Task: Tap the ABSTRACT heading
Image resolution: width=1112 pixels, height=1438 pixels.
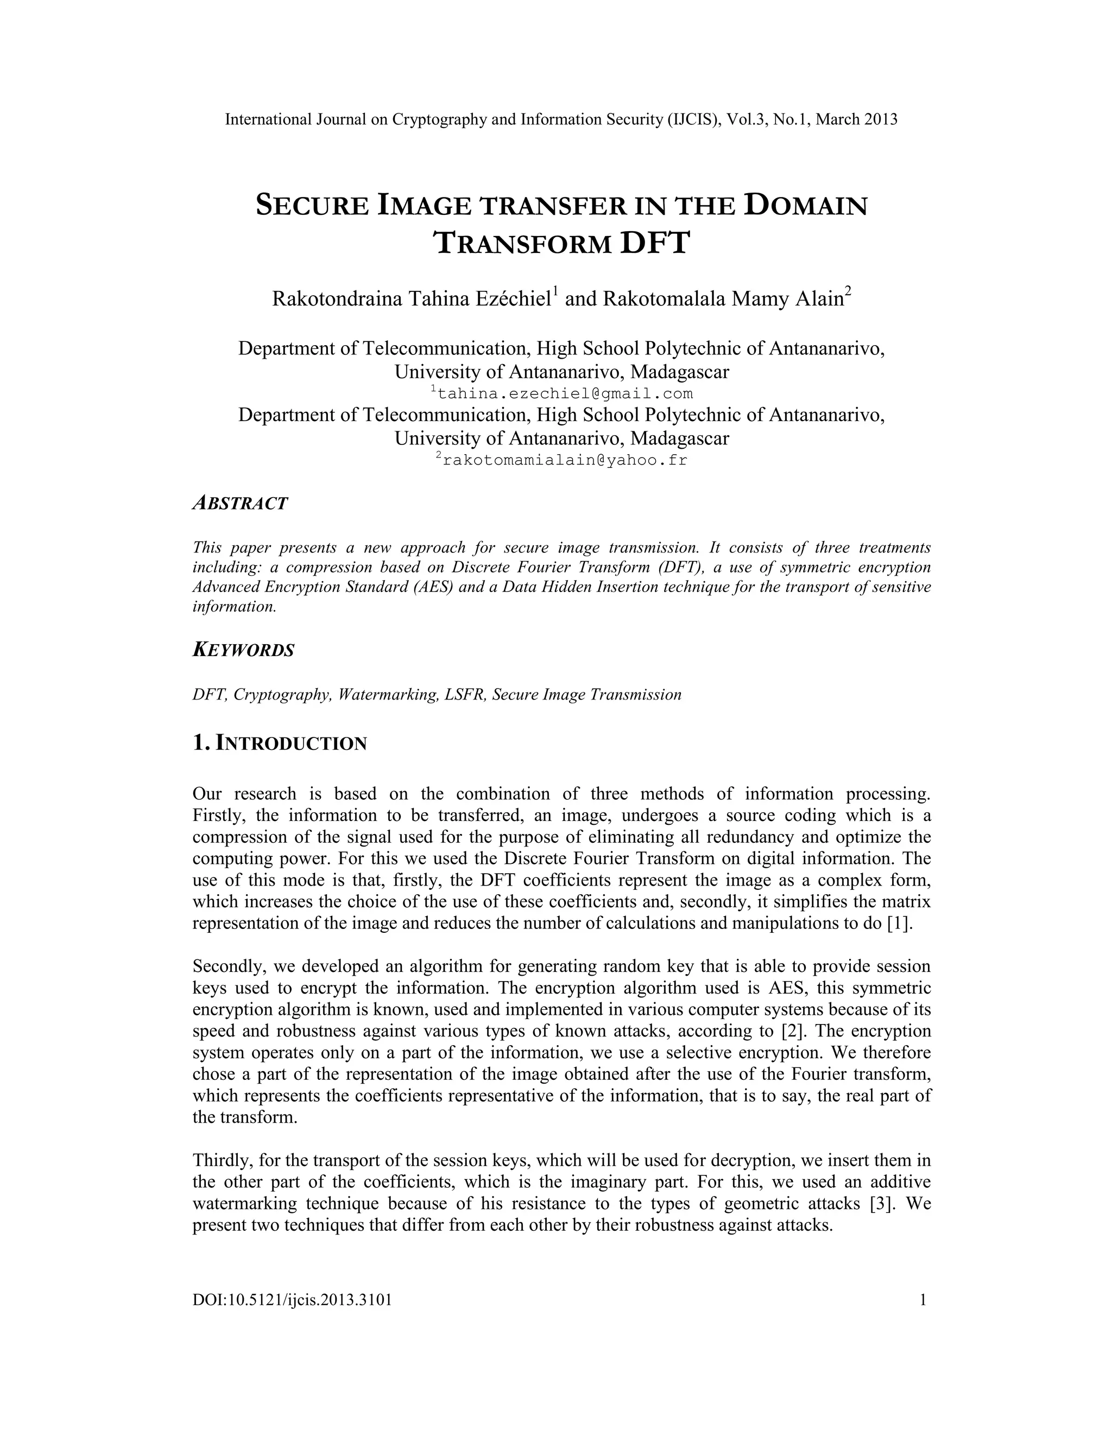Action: tap(240, 504)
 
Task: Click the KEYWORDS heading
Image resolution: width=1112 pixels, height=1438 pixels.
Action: tap(243, 651)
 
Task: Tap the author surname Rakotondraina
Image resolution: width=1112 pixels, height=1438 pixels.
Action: tap(337, 299)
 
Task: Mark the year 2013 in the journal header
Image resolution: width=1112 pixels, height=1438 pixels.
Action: tap(880, 119)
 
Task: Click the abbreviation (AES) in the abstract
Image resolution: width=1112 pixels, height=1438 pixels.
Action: tap(433, 587)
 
